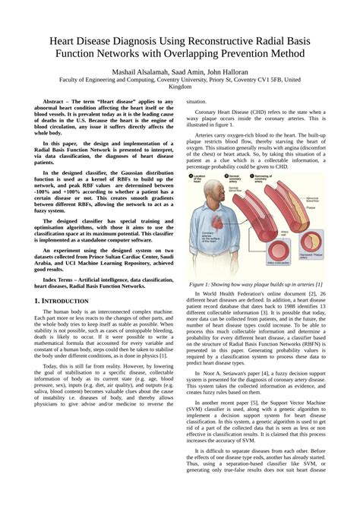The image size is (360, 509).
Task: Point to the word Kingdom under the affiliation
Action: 180,87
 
